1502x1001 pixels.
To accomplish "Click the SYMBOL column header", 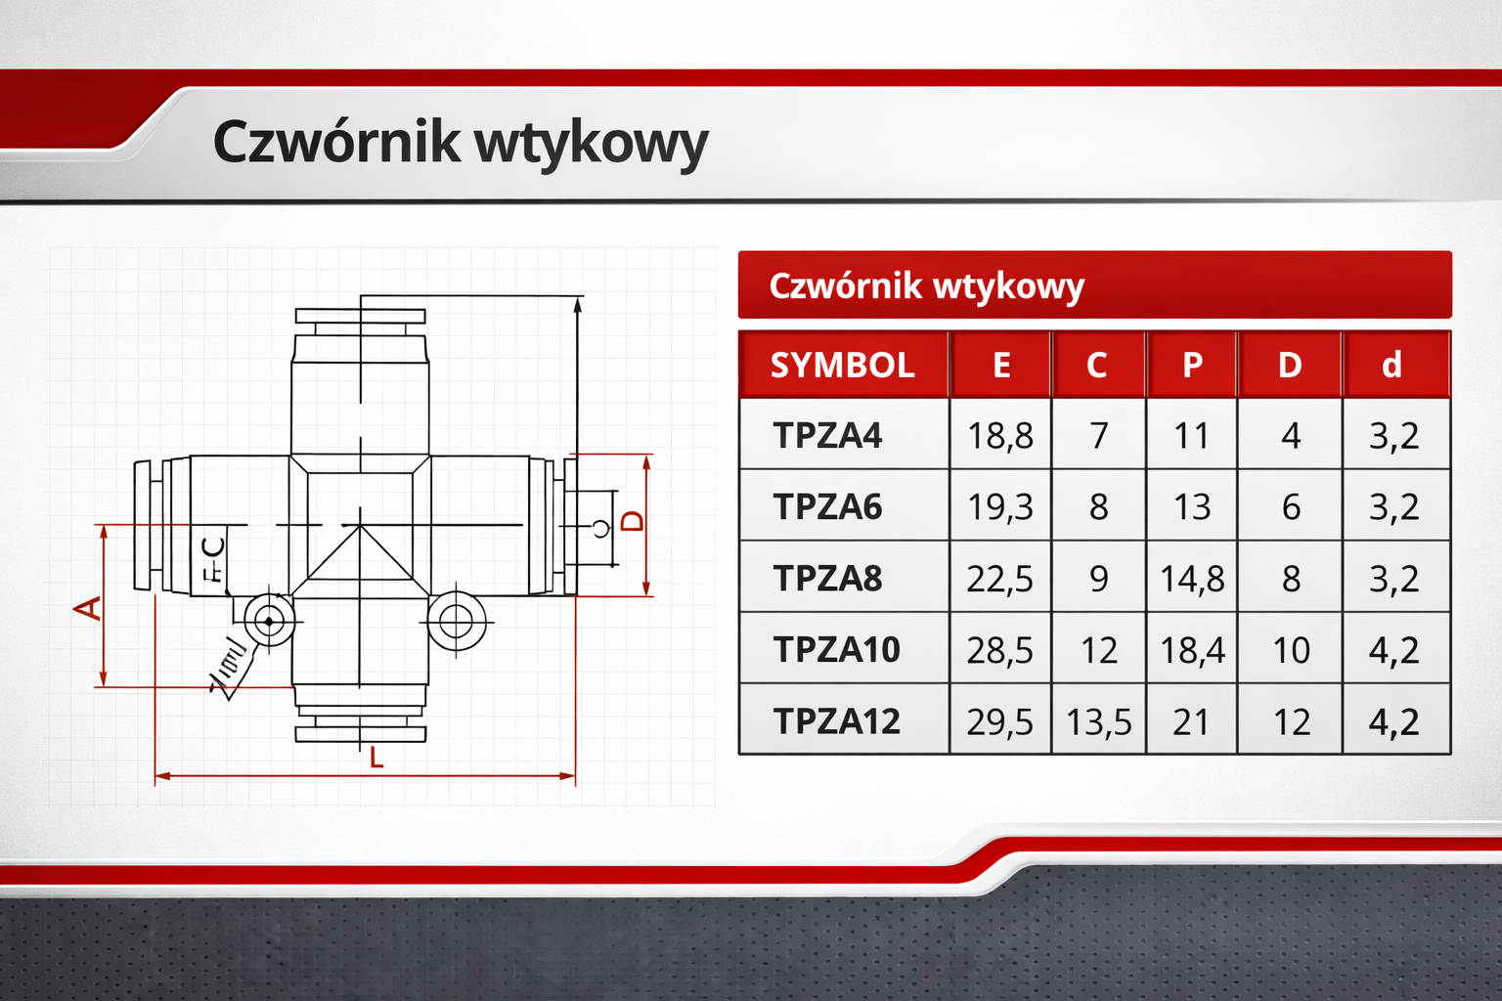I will point(842,365).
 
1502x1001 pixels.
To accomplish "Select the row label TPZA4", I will point(827,435).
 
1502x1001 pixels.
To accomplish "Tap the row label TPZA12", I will point(836,721).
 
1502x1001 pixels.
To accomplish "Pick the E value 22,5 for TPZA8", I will point(999,579).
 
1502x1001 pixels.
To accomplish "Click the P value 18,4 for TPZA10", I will point(1192,650).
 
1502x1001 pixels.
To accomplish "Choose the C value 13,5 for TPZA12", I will point(1098,722).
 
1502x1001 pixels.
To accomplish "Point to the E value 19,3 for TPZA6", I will point(999,507).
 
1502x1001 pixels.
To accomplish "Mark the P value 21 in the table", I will point(1191,722).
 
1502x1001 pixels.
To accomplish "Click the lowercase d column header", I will point(1392,365).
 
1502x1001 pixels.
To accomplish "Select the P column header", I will point(1192,365).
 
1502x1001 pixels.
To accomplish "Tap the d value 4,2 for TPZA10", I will point(1393,650).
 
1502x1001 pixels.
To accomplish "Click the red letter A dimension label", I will point(88,608).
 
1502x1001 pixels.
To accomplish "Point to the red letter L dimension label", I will point(376,758).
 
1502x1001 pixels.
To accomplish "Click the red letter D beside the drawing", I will point(634,520).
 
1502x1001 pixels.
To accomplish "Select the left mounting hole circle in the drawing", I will point(269,620).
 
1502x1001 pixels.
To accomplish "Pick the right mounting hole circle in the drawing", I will point(456,620).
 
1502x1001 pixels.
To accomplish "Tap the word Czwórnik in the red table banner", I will point(845,286).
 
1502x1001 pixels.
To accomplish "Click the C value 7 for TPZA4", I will point(1098,435).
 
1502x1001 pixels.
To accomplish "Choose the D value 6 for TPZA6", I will point(1291,507).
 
